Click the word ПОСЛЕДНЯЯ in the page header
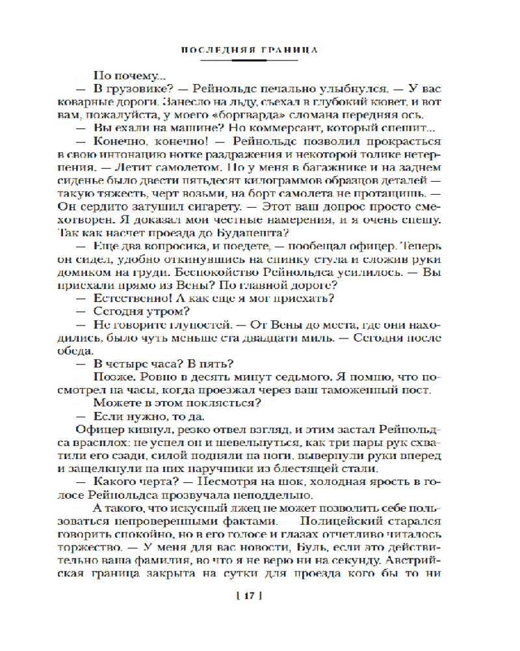coord(217,50)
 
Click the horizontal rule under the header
coord(249,60)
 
